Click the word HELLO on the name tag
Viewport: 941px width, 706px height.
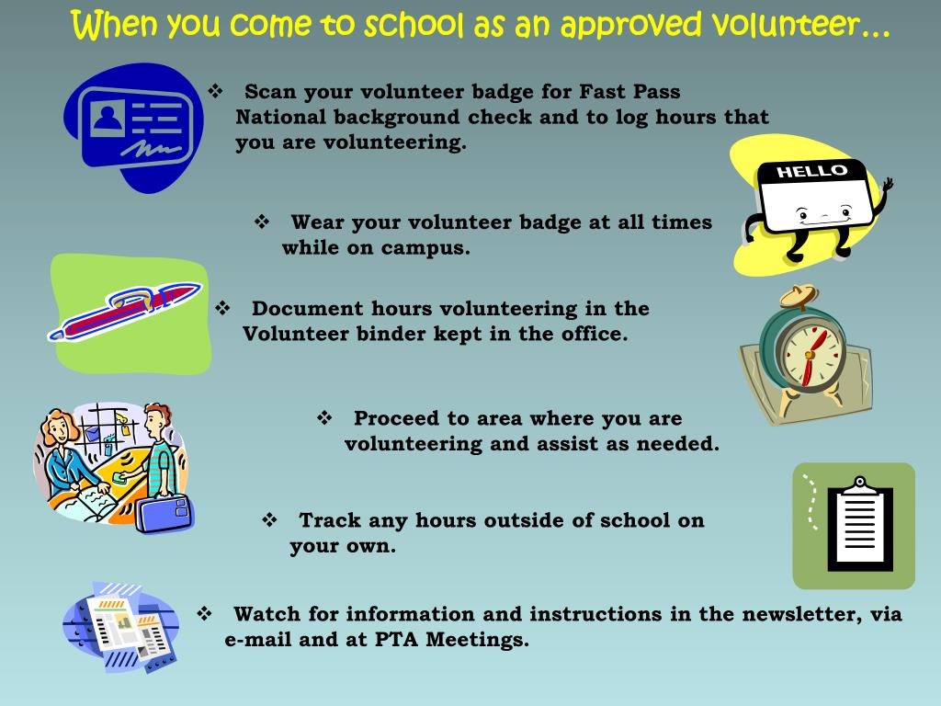[x=811, y=171]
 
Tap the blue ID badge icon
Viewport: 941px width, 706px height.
[x=135, y=129]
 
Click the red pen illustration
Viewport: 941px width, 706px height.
[x=125, y=313]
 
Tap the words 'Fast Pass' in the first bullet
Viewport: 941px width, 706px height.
[x=629, y=93]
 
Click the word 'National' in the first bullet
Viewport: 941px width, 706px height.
[x=279, y=118]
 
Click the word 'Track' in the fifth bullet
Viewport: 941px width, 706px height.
[x=330, y=520]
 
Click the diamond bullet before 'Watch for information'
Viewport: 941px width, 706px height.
[x=205, y=613]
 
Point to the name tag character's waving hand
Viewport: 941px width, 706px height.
[x=886, y=188]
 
